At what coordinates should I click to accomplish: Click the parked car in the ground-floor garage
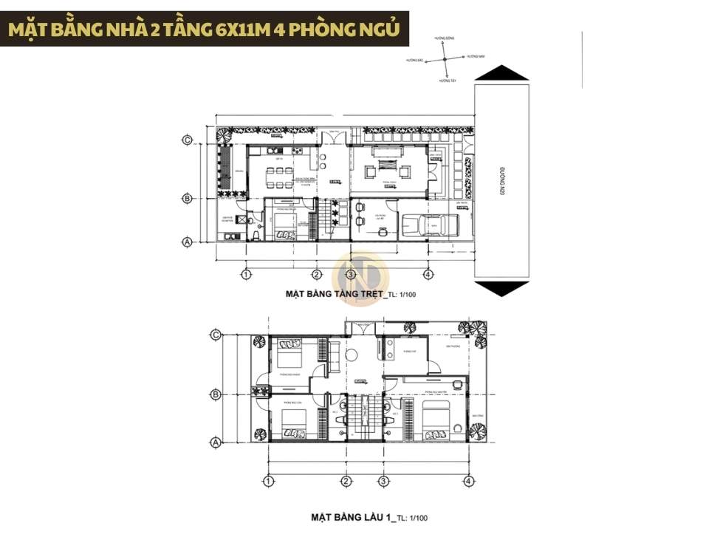(429, 224)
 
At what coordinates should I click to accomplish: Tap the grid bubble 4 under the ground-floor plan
(428, 275)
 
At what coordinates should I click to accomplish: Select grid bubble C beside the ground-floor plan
(188, 140)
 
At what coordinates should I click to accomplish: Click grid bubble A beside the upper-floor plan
(216, 442)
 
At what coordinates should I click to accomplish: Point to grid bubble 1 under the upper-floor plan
(268, 481)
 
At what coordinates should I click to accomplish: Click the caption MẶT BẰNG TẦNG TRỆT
(335, 294)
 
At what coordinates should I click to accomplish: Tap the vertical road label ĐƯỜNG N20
(501, 180)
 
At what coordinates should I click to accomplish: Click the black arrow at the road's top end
(501, 72)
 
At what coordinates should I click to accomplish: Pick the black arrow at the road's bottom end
(501, 288)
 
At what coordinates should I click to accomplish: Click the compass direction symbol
(445, 58)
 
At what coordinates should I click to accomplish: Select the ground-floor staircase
(326, 219)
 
